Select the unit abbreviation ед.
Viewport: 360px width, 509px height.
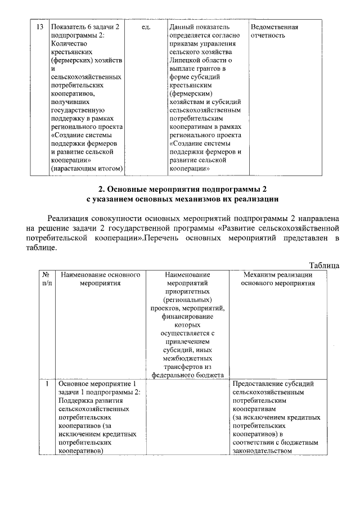146,27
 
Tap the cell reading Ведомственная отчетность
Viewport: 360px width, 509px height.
274,31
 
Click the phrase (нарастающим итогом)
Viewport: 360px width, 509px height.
87,168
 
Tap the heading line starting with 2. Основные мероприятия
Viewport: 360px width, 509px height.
179,188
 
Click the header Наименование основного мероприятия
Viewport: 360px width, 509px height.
100,279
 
